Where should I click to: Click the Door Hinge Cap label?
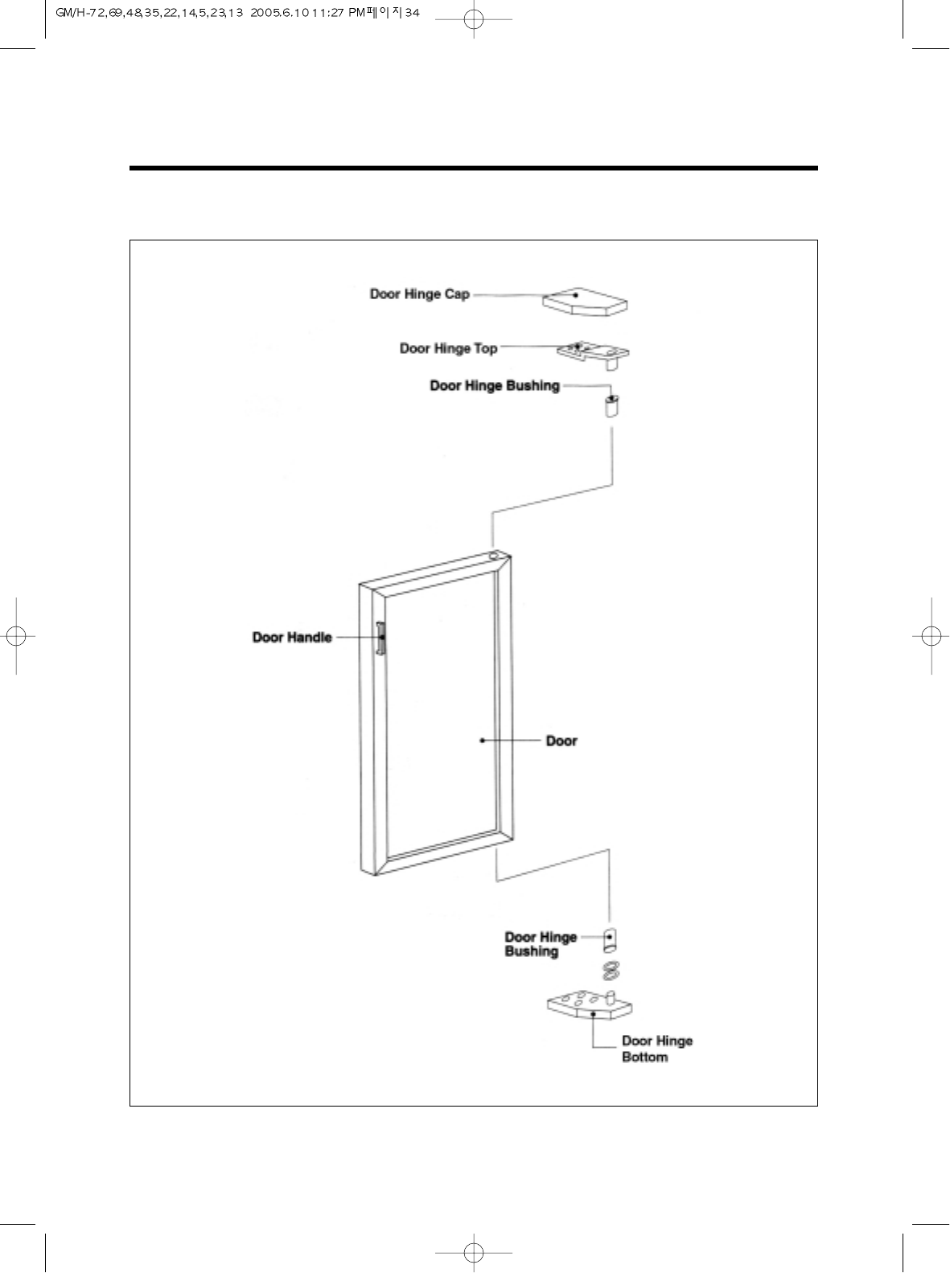tap(419, 294)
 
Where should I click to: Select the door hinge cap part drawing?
tap(586, 302)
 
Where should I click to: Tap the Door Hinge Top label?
tap(448, 348)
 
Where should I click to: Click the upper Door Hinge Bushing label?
tap(494, 386)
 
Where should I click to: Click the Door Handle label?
tap(292, 638)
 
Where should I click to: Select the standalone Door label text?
tap(561, 741)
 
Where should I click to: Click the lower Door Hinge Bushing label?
tap(540, 944)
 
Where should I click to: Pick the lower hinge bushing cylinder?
tap(611, 939)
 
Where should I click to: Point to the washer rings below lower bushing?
tap(610, 971)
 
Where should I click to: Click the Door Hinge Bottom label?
tap(656, 1049)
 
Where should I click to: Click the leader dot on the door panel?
tap(482, 741)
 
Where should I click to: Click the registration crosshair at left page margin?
tap(16, 635)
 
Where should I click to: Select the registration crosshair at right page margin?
tap(931, 635)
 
